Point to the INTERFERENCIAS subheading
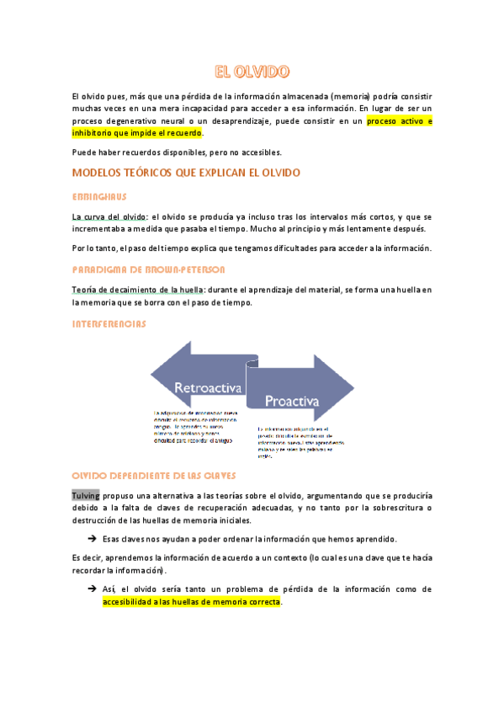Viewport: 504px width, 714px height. point(109,323)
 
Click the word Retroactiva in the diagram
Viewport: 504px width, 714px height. point(208,388)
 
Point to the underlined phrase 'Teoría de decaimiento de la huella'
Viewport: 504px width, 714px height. point(138,290)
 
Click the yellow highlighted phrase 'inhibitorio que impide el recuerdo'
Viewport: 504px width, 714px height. point(137,133)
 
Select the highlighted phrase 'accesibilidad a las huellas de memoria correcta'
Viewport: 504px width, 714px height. point(192,603)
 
